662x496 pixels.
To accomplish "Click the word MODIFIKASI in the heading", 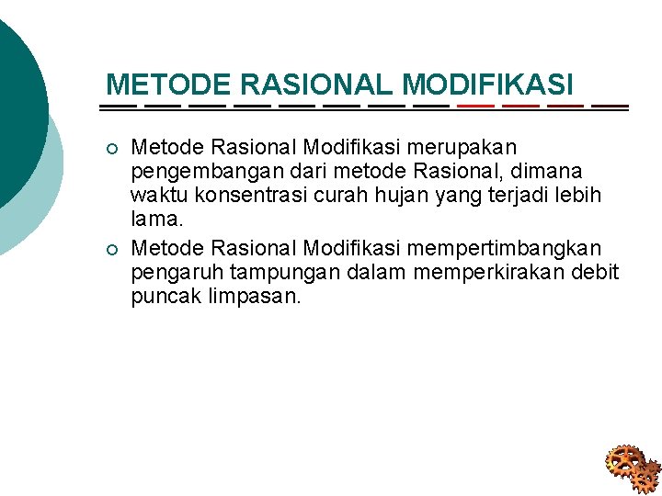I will click(x=487, y=85).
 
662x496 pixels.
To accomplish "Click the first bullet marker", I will click(x=112, y=149).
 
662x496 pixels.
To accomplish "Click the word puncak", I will click(x=161, y=298).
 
